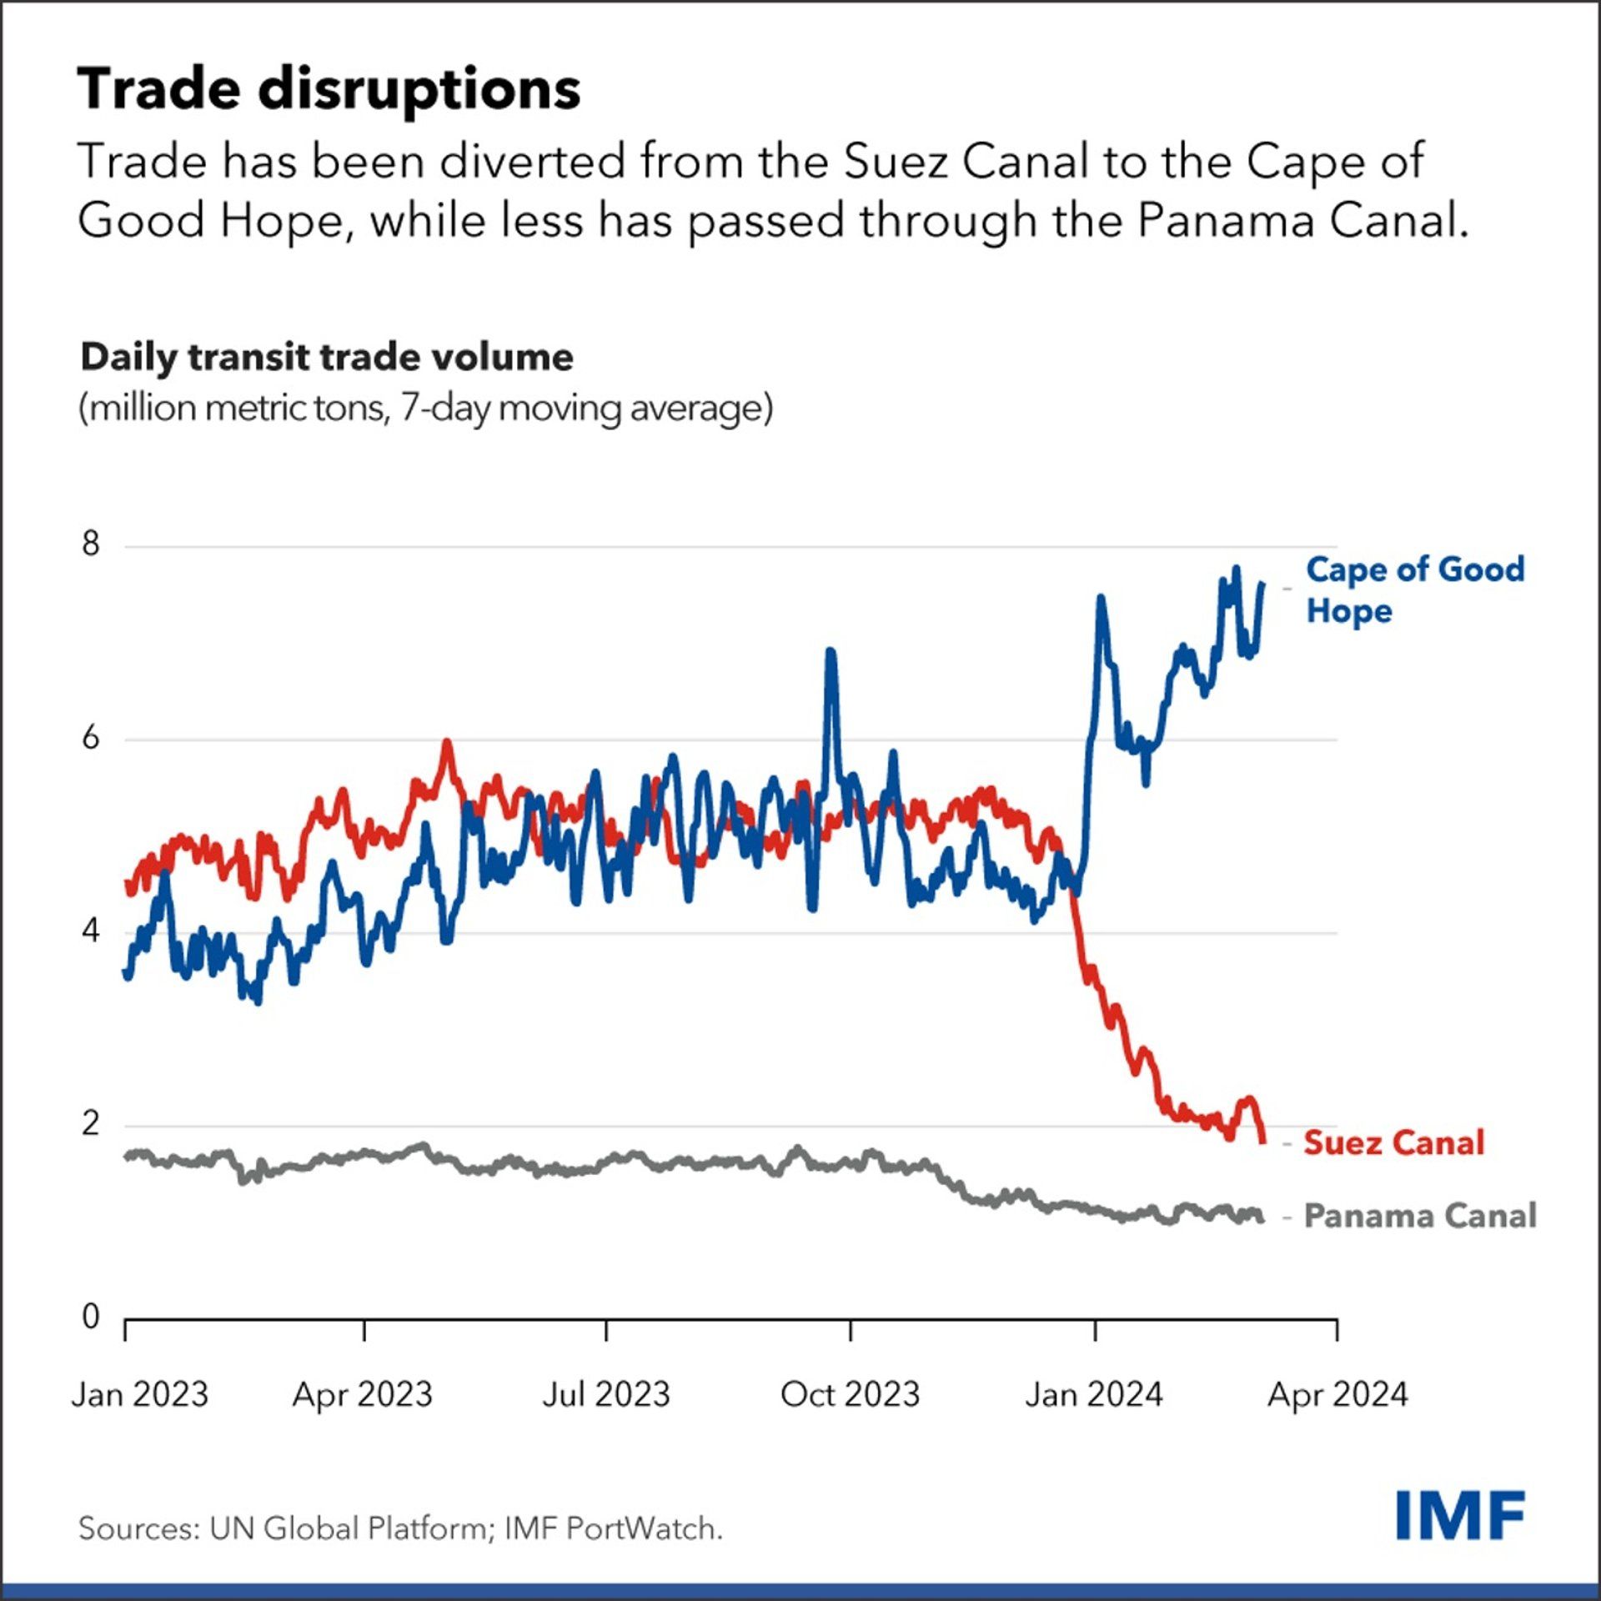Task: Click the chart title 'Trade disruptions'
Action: [x=329, y=88]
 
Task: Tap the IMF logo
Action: [x=1460, y=1515]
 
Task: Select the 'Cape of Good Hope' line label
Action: [x=1414, y=590]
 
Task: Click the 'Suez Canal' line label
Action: [x=1393, y=1142]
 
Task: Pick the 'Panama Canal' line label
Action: [x=1419, y=1216]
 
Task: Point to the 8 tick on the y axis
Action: [x=91, y=545]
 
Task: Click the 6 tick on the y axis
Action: [x=91, y=738]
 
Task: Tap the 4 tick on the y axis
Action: [x=91, y=931]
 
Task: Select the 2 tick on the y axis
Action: [x=91, y=1124]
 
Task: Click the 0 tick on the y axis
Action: [x=91, y=1317]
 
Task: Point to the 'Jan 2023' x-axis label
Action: [x=139, y=1394]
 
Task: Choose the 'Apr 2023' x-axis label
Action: [x=363, y=1394]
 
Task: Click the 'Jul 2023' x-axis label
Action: [x=606, y=1394]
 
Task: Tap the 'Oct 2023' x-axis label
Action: [x=850, y=1394]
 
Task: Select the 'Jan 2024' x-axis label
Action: [x=1093, y=1394]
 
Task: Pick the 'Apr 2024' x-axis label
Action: [x=1338, y=1394]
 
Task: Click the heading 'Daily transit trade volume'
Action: [x=327, y=357]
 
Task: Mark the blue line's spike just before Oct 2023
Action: [x=830, y=652]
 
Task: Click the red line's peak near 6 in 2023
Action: [x=448, y=742]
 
